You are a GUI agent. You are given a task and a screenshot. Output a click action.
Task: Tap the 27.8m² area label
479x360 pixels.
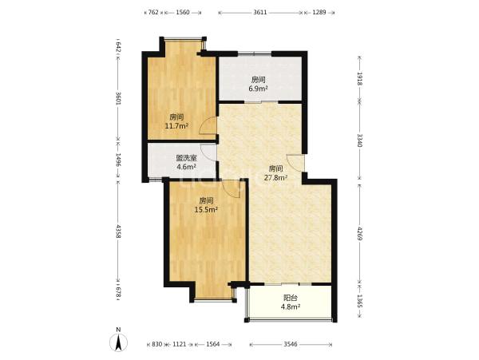[x=275, y=177]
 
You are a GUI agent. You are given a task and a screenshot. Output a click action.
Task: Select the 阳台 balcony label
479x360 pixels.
[x=291, y=298]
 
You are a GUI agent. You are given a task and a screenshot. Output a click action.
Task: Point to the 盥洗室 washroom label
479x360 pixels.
[x=186, y=158]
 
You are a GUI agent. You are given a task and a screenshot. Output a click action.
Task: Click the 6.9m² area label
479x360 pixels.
[x=259, y=89]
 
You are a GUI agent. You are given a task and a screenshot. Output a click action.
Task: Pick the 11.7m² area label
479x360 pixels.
[x=176, y=125]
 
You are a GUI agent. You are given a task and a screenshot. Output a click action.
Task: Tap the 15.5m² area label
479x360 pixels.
[x=206, y=209]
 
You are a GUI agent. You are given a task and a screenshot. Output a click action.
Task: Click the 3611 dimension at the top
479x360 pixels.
[x=260, y=12]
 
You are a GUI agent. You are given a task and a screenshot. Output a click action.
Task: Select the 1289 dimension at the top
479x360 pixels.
[x=319, y=12]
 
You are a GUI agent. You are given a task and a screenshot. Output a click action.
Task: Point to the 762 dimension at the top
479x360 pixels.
[x=153, y=12]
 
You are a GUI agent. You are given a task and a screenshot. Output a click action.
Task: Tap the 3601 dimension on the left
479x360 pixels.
[x=118, y=98]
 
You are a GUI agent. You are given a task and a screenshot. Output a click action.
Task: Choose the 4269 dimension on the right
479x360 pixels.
[x=360, y=233]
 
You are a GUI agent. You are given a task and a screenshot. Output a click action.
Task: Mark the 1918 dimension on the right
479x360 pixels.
[x=360, y=79]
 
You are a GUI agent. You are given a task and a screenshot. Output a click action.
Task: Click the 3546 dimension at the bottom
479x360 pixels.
[x=291, y=344]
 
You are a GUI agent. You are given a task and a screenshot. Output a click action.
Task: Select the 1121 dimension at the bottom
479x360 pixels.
[x=180, y=344]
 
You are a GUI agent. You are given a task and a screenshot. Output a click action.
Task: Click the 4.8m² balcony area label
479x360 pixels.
[x=291, y=307]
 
